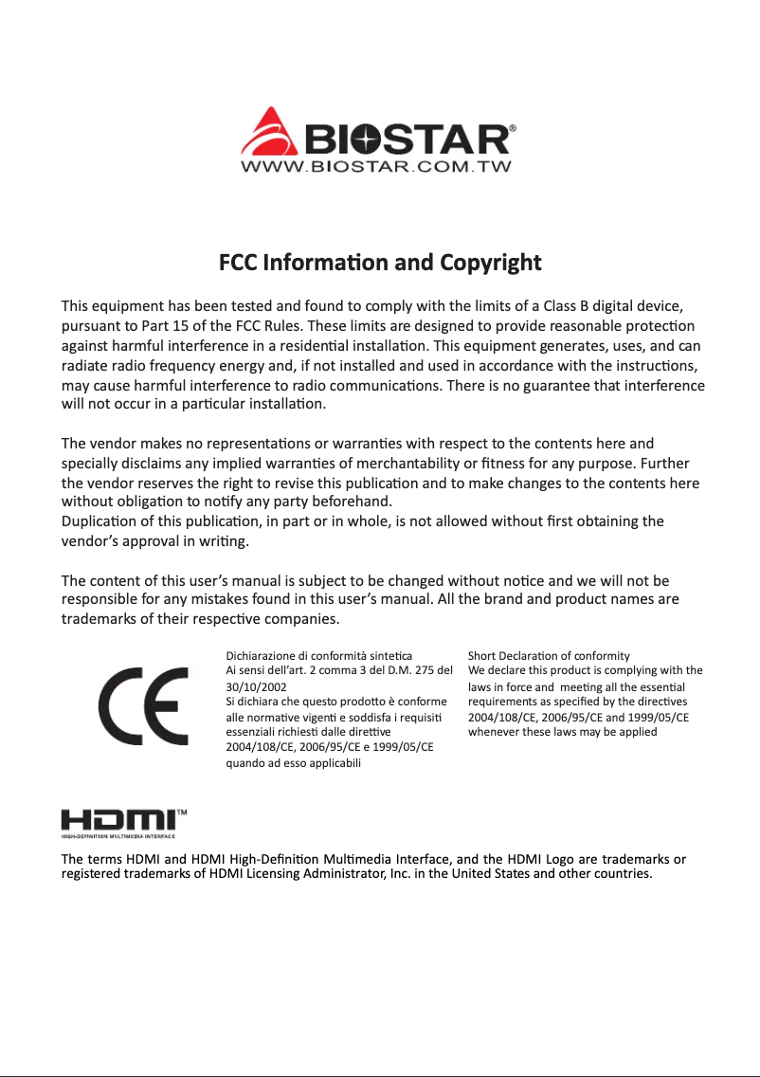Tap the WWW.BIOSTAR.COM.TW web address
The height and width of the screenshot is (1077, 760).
[x=377, y=168]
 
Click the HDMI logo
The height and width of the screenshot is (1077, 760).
[x=118, y=821]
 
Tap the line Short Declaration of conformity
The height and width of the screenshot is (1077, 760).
[x=550, y=655]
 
